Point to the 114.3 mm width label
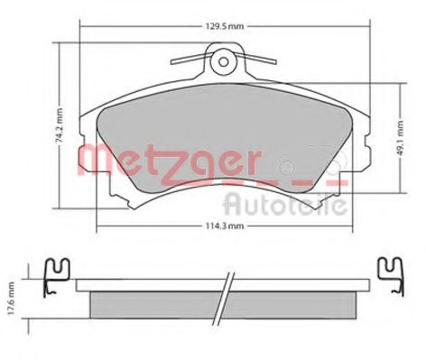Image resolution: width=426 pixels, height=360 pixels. tap(213, 226)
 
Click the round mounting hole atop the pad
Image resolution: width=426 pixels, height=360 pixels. tap(221, 62)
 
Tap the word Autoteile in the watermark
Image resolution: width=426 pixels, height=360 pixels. tap(285, 201)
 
